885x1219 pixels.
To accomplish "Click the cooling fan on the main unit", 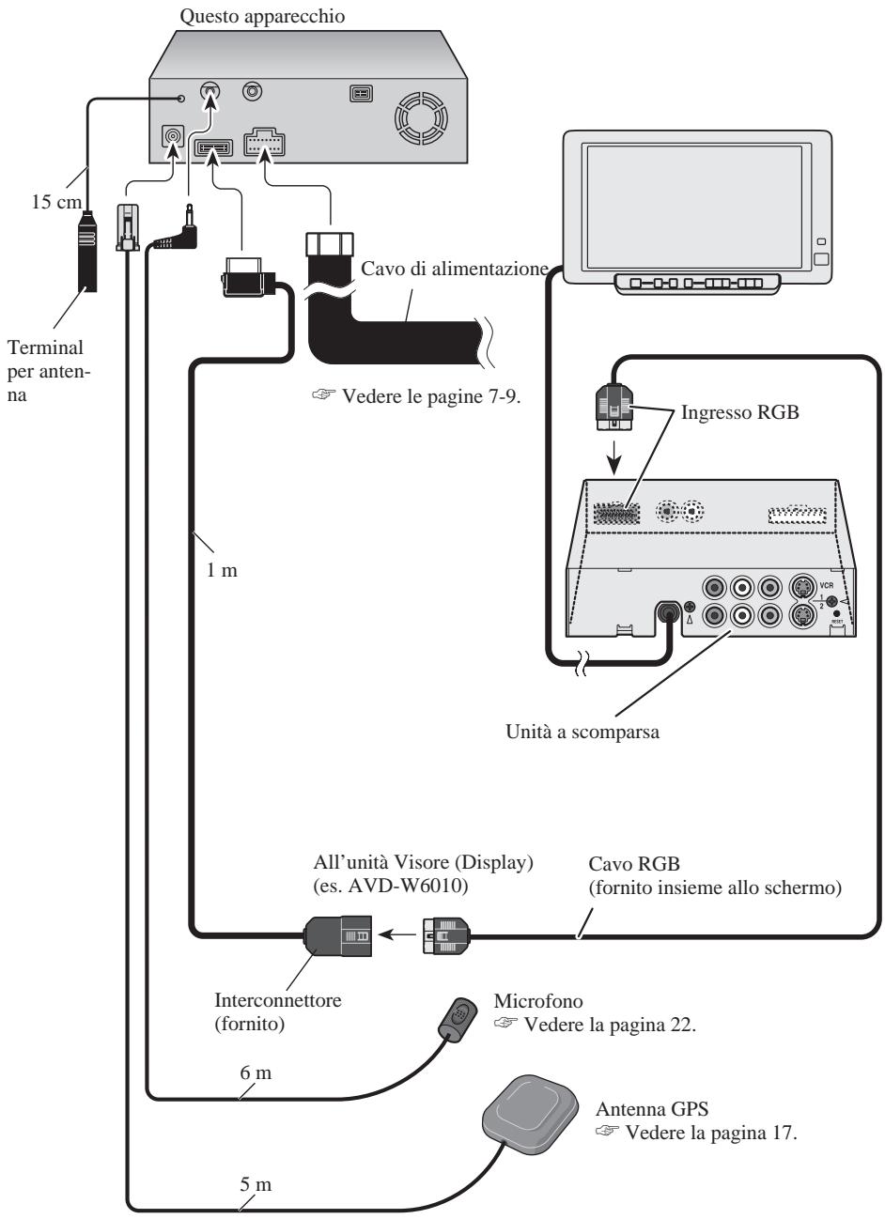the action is pyautogui.click(x=421, y=118).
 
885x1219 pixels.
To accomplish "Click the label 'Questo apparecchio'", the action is pyautogui.click(x=262, y=16).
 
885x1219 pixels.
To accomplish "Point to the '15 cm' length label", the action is pyautogui.click(x=56, y=202).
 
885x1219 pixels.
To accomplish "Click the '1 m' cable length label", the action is pyautogui.click(x=222, y=570).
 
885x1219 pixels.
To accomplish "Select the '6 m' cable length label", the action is pyautogui.click(x=256, y=1072).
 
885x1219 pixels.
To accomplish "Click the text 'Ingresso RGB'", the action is pyautogui.click(x=739, y=412).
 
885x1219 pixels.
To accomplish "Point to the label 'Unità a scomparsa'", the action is pyautogui.click(x=582, y=731).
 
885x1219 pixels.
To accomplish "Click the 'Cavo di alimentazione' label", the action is pyautogui.click(x=455, y=269).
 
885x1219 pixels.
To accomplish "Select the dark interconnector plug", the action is pyautogui.click(x=337, y=935).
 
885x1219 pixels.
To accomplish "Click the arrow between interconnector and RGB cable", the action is pyautogui.click(x=396, y=935).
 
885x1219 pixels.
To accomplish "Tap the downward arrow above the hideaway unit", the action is pyautogui.click(x=614, y=457).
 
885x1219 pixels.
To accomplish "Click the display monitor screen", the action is pyautogui.click(x=694, y=208).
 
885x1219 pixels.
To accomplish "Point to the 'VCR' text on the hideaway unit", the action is pyautogui.click(x=826, y=586).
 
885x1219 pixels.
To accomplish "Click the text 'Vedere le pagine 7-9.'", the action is pyautogui.click(x=431, y=395).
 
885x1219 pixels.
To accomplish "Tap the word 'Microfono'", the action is pyautogui.click(x=538, y=1000).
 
